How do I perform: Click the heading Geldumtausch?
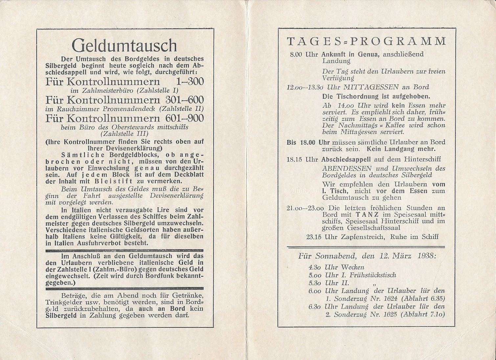124,45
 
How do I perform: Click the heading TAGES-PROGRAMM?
367,41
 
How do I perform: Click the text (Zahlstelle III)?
124,134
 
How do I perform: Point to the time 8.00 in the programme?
296,54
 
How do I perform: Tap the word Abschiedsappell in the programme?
346,159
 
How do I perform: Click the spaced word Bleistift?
114,181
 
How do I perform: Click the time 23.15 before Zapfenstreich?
313,237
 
